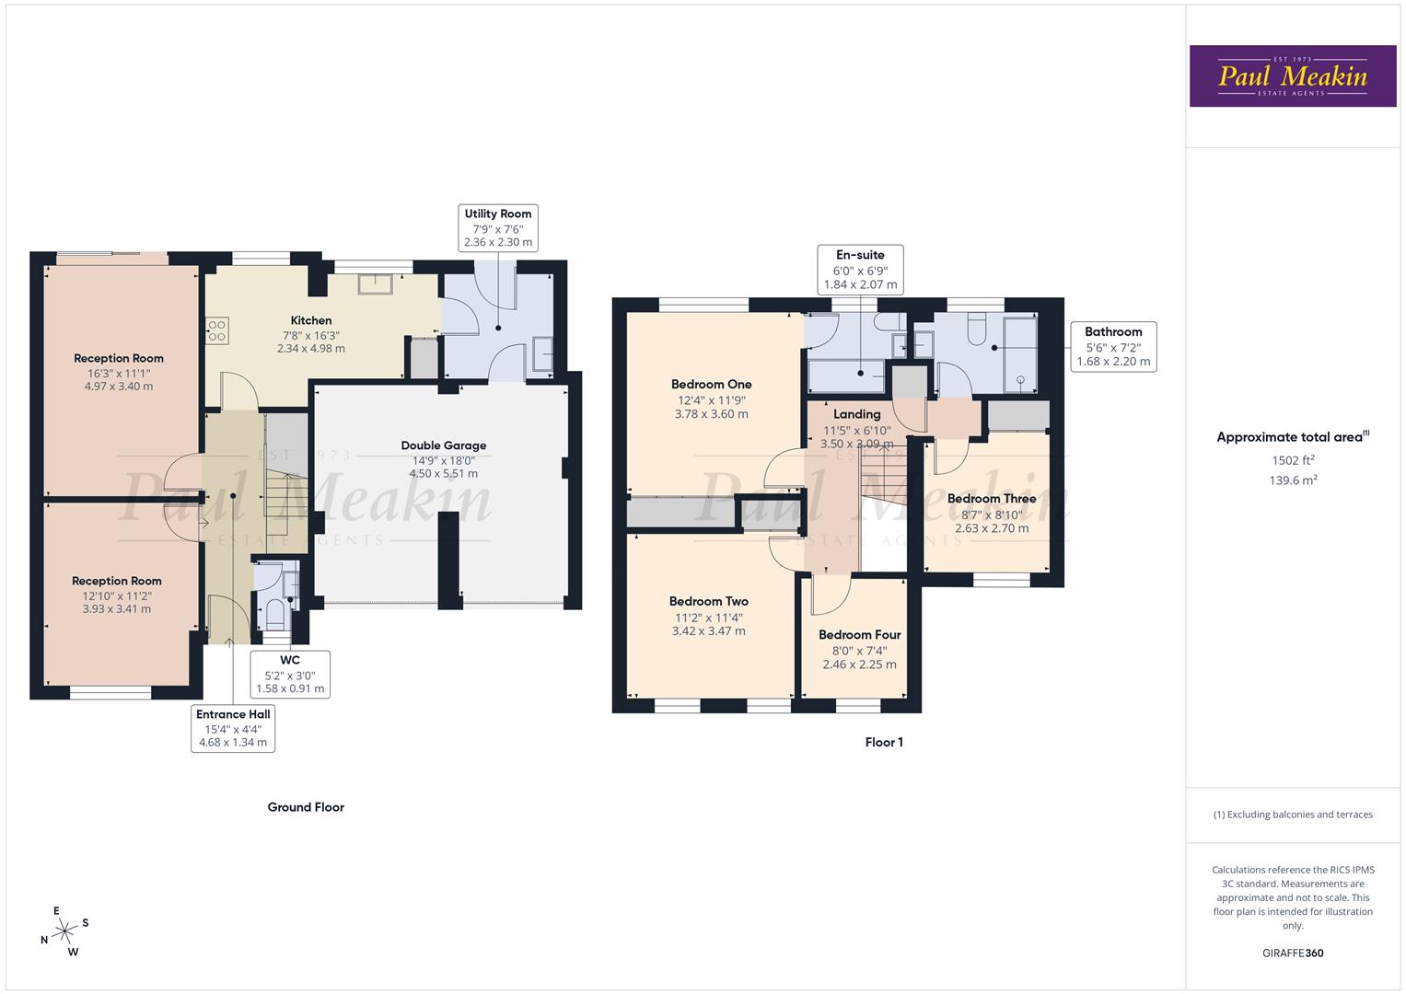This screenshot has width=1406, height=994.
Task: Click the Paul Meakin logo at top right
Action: click(1292, 76)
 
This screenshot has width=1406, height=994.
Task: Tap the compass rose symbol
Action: click(64, 931)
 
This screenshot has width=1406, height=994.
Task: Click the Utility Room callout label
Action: click(497, 227)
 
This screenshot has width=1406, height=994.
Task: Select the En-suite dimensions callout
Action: click(860, 270)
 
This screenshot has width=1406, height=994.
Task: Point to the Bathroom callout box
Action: click(1113, 346)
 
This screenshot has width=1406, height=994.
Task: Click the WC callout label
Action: click(290, 674)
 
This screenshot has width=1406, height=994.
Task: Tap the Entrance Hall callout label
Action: click(233, 728)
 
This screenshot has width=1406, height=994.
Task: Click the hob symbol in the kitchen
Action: click(217, 330)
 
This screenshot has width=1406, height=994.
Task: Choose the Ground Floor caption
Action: click(306, 807)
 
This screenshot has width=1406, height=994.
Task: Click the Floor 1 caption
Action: click(884, 742)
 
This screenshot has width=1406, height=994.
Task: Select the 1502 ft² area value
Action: click(1293, 460)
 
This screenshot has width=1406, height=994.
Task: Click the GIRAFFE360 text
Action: click(1293, 953)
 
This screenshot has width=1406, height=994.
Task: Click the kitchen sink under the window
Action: click(376, 283)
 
